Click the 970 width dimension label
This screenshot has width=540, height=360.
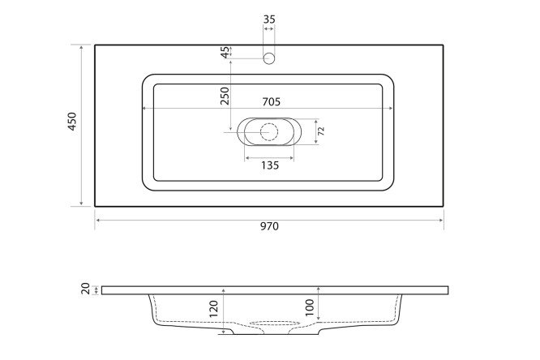[269, 227]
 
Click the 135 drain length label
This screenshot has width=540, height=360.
[269, 165]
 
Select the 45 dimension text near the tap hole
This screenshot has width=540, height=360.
[225, 52]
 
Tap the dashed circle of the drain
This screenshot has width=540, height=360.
[269, 131]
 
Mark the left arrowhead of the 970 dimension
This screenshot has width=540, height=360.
[97, 219]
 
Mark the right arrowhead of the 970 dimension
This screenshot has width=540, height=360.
[442, 219]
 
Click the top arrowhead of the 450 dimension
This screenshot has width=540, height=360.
[82, 47]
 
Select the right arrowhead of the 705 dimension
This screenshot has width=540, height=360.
[395, 109]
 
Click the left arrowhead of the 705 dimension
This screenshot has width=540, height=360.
[144, 109]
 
